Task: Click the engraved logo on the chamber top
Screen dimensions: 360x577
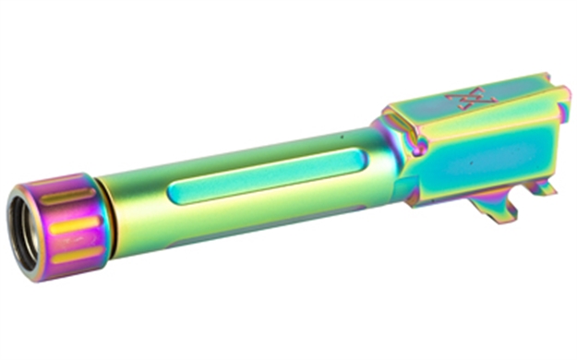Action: tap(460, 99)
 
